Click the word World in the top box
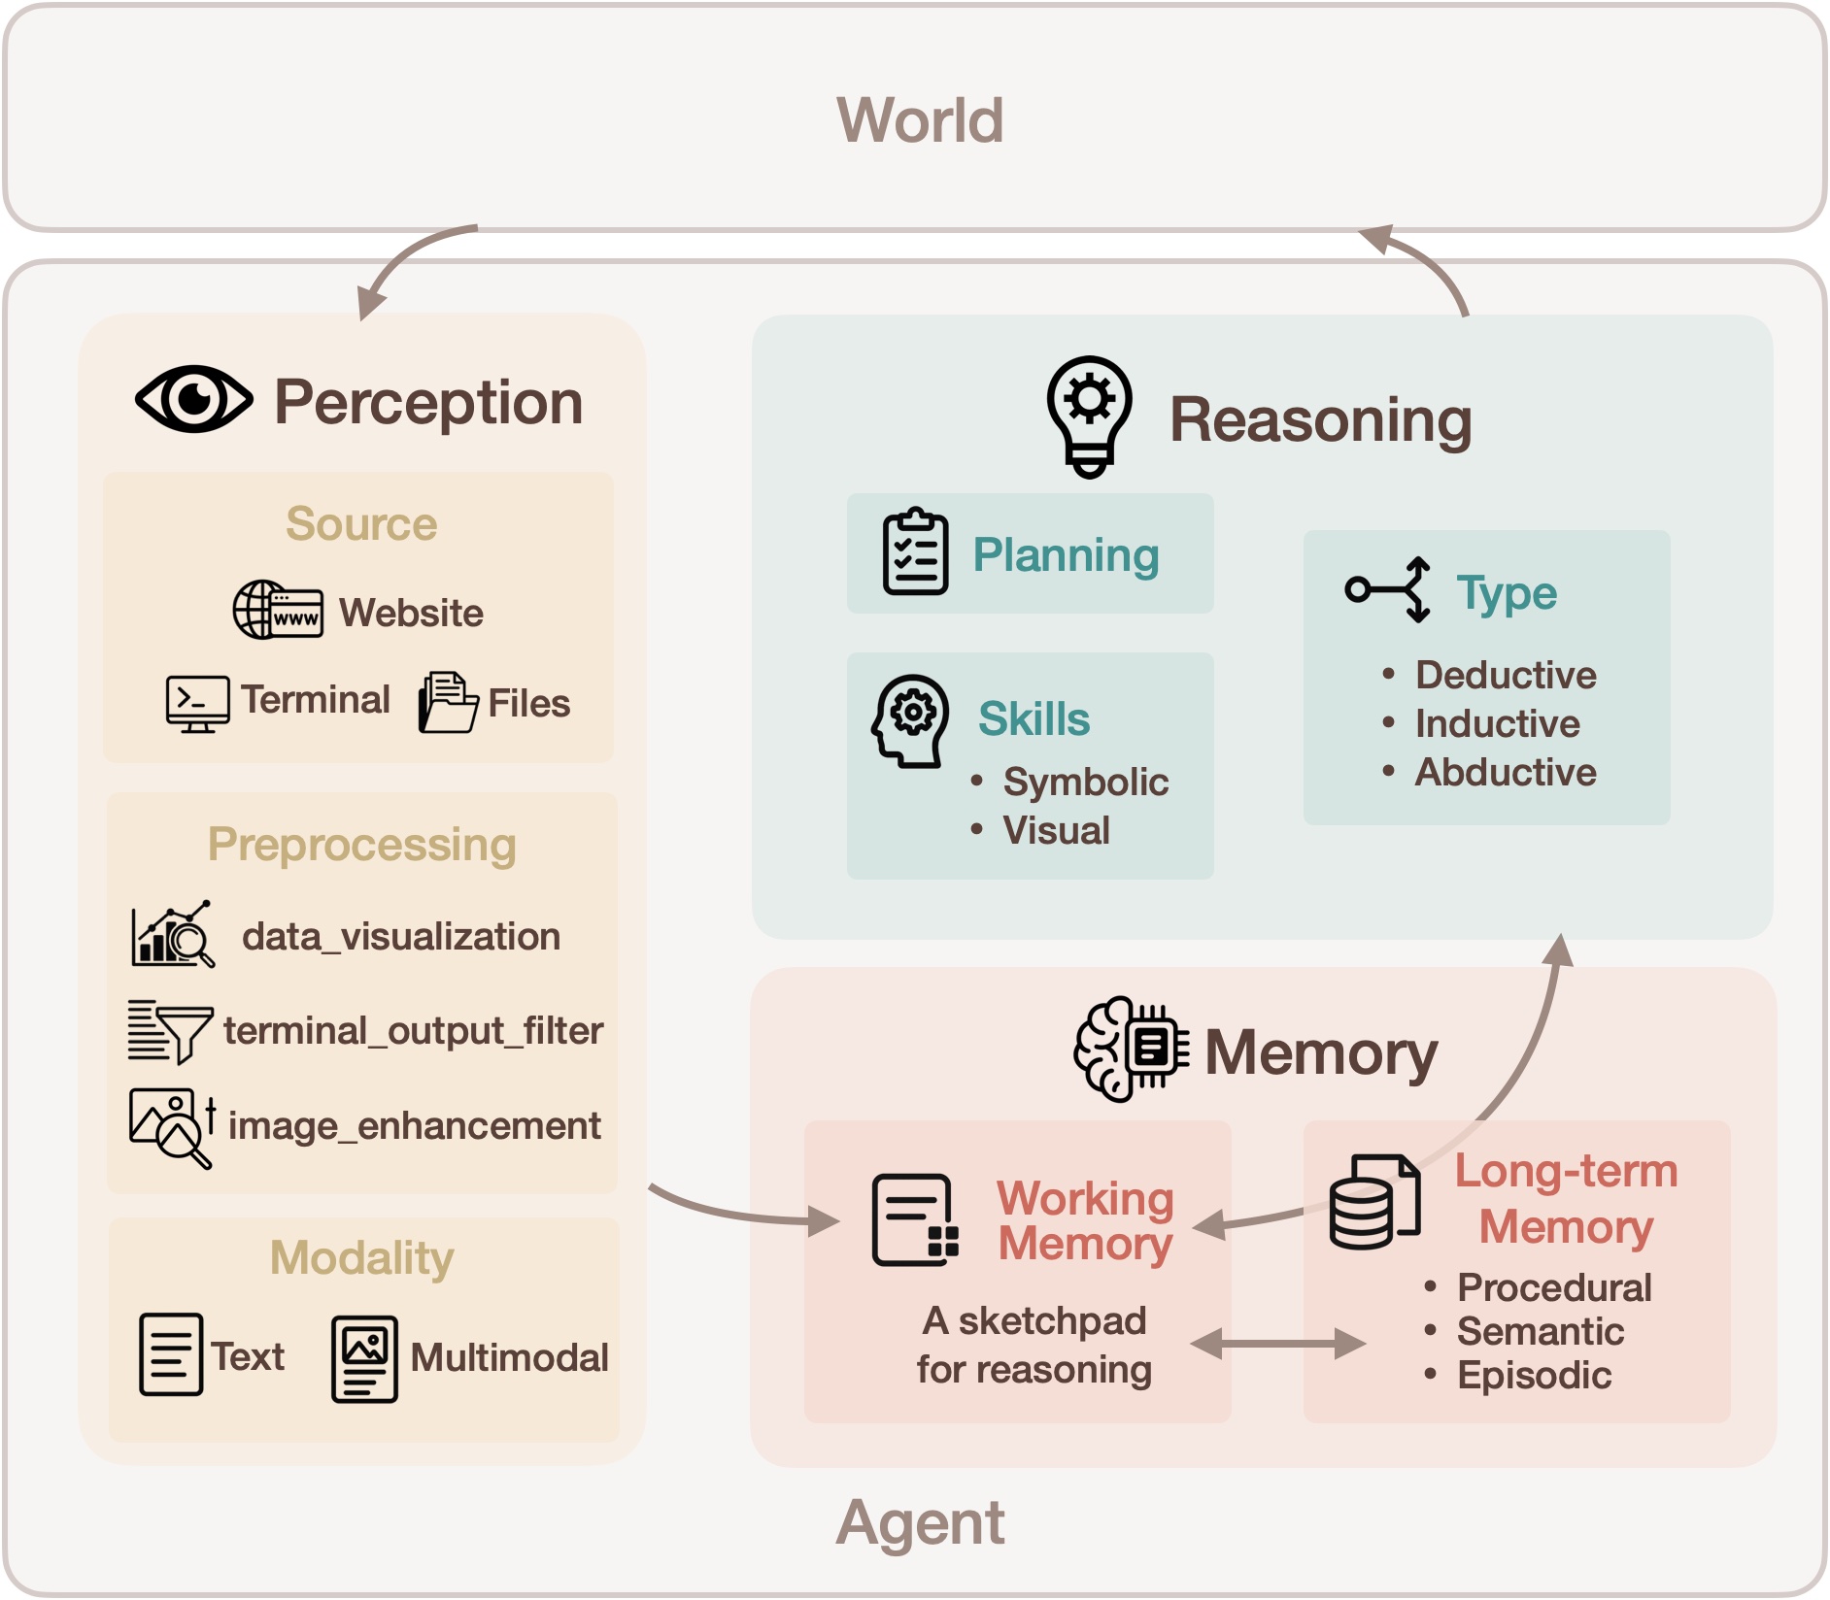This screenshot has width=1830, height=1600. point(920,120)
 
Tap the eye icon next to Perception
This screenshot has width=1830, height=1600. point(194,399)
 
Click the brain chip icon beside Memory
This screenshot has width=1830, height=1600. point(1132,1049)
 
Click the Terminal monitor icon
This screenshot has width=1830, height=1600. point(197,703)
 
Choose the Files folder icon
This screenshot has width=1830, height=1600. point(447,702)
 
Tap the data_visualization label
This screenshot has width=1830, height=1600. point(400,937)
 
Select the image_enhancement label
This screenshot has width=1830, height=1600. point(414,1126)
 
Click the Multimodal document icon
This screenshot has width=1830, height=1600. point(364,1358)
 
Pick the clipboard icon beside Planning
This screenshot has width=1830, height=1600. point(915,551)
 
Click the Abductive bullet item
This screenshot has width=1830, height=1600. point(1505,773)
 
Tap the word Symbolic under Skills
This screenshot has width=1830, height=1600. point(1085,783)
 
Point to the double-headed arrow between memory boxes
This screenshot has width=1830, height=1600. point(1277,1344)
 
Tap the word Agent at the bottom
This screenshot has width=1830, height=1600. point(920,1522)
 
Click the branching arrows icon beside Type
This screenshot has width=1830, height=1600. point(1388,589)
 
